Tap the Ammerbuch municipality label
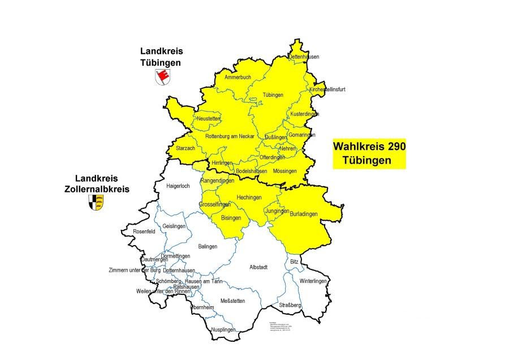[238, 77]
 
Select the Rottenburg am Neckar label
[230, 136]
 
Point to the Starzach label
[185, 148]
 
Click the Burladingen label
[304, 214]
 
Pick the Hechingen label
[249, 197]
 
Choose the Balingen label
[208, 246]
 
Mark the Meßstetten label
[232, 301]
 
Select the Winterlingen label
[313, 281]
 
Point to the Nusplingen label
[223, 329]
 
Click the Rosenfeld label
[144, 232]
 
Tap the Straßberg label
[290, 305]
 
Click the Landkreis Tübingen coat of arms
[162, 77]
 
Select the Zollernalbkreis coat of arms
[96, 202]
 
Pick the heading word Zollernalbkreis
[97, 189]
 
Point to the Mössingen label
[284, 171]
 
